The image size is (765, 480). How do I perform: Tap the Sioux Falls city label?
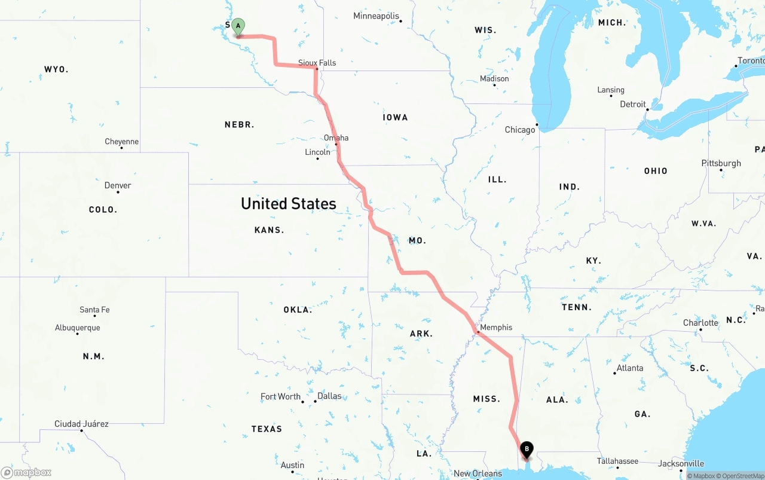pyautogui.click(x=317, y=63)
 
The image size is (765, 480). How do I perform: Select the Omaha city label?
pyautogui.click(x=336, y=138)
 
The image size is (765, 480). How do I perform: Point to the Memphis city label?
pyautogui.click(x=496, y=328)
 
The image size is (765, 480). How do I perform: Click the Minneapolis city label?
pyautogui.click(x=376, y=16)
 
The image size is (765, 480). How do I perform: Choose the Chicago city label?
pyautogui.click(x=520, y=130)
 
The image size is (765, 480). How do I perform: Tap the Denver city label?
pyautogui.click(x=118, y=185)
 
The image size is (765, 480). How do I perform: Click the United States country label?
pyautogui.click(x=289, y=204)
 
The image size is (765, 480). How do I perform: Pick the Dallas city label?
pyautogui.click(x=329, y=396)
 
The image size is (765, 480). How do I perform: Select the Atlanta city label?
pyautogui.click(x=630, y=368)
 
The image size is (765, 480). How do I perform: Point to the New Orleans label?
pyautogui.click(x=478, y=473)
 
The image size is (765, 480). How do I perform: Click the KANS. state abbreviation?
pyautogui.click(x=269, y=230)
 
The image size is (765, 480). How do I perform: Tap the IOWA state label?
pyautogui.click(x=395, y=118)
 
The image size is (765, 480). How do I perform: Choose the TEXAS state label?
pyautogui.click(x=267, y=429)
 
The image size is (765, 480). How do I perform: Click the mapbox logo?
pyautogui.click(x=26, y=472)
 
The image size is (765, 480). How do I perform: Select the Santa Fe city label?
pyautogui.click(x=94, y=310)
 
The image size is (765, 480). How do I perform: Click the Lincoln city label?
pyautogui.click(x=317, y=152)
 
